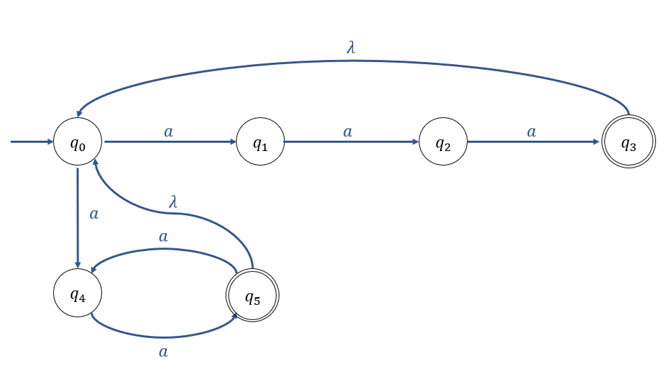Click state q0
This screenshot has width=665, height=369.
pyautogui.click(x=78, y=143)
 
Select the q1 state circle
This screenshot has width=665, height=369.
pyautogui.click(x=260, y=143)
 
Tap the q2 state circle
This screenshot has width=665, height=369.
pyautogui.click(x=443, y=143)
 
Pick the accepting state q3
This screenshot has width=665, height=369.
pyautogui.click(x=628, y=143)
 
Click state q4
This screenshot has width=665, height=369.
pyautogui.click(x=78, y=295)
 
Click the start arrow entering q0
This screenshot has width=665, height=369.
pyautogui.click(x=32, y=142)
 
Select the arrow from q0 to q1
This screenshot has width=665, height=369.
pyautogui.click(x=169, y=143)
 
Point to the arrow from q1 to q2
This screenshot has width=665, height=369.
pyautogui.click(x=351, y=143)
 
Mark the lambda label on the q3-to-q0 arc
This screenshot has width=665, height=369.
pyautogui.click(x=351, y=48)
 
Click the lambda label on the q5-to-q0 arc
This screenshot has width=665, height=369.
pyautogui.click(x=174, y=201)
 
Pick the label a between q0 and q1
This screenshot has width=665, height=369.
pyautogui.click(x=168, y=131)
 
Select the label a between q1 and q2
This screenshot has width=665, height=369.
pyautogui.click(x=348, y=131)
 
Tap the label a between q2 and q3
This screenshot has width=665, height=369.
pyautogui.click(x=531, y=131)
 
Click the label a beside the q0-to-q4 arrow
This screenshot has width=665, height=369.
pyautogui.click(x=94, y=214)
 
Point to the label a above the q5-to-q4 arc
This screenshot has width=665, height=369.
pyautogui.click(x=163, y=237)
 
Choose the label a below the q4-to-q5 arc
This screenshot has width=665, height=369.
pyautogui.click(x=163, y=352)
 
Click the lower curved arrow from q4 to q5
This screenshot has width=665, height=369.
pyautogui.click(x=163, y=337)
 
